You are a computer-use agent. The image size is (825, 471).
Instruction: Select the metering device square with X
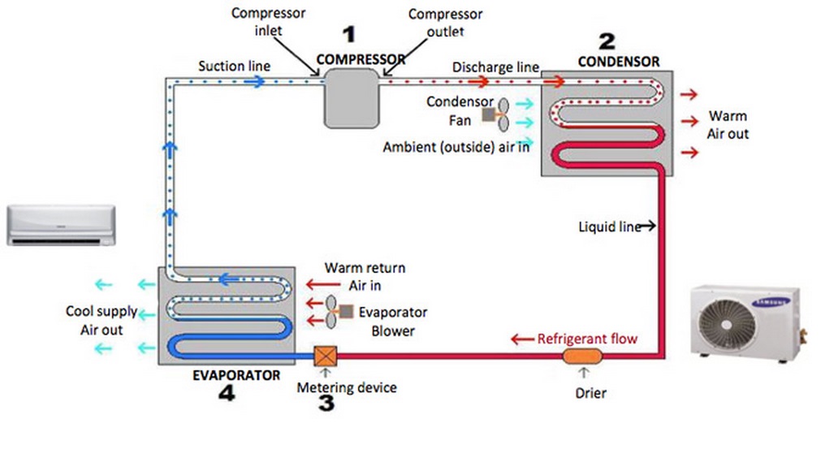click(x=325, y=356)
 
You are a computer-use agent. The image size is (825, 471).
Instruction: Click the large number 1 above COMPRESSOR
click(x=349, y=35)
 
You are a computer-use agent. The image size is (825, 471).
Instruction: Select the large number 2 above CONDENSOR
click(x=607, y=41)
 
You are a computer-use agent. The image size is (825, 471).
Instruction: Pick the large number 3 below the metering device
click(x=326, y=404)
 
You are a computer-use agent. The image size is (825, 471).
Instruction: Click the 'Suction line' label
click(x=234, y=66)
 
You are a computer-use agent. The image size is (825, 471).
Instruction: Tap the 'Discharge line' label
click(x=495, y=67)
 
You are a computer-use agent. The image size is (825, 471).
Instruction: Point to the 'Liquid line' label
click(x=610, y=227)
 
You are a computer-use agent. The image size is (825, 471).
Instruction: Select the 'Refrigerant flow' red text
click(x=587, y=338)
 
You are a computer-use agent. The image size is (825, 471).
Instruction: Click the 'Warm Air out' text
click(x=728, y=124)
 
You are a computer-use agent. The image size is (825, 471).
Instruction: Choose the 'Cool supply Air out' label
click(x=101, y=321)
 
